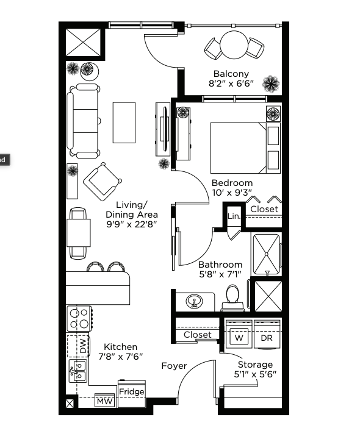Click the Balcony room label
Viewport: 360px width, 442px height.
coord(231,74)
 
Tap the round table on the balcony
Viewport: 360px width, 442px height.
coord(234,45)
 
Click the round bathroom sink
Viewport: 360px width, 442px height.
coord(194,301)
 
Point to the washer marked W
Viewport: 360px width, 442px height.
coord(239,334)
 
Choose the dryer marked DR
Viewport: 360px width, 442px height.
coord(267,334)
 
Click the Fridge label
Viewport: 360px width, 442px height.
coord(131,392)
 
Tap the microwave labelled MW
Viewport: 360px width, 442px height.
coord(105,401)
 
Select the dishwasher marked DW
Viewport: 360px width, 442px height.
coord(79,346)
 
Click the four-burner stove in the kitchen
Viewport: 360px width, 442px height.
coord(79,318)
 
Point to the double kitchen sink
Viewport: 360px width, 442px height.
coord(78,371)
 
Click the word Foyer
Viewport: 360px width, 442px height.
coord(174,366)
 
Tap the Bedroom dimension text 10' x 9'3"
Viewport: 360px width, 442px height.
coord(232,193)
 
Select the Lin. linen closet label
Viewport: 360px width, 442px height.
coord(234,216)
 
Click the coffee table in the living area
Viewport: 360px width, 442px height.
coord(124,123)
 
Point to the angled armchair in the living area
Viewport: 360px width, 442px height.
coord(103,181)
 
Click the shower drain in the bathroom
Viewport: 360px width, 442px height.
coord(266,254)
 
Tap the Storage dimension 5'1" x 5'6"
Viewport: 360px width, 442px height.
coord(255,374)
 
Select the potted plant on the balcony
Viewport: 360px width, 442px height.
coord(271,84)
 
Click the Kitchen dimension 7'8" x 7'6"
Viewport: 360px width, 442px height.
coord(120,357)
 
